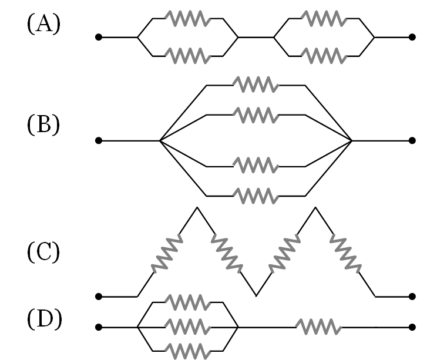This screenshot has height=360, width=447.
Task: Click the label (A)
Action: click(x=43, y=25)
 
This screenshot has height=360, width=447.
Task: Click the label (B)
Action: click(x=43, y=126)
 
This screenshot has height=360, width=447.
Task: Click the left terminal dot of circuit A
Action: click(x=98, y=38)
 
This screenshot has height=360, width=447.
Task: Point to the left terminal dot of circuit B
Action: click(x=98, y=141)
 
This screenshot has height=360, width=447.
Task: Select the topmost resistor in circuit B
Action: click(x=256, y=85)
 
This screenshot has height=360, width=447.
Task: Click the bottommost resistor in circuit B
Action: click(x=256, y=194)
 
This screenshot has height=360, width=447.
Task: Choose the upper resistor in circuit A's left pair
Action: click(x=188, y=19)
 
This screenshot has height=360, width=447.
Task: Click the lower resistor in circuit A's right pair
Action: click(x=324, y=56)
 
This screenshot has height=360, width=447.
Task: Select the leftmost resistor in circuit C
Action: click(x=166, y=254)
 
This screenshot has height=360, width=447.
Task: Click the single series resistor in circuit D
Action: click(x=318, y=327)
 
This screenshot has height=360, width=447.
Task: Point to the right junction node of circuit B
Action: click(x=351, y=141)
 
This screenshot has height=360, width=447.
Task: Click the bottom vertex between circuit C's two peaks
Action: click(x=256, y=295)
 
